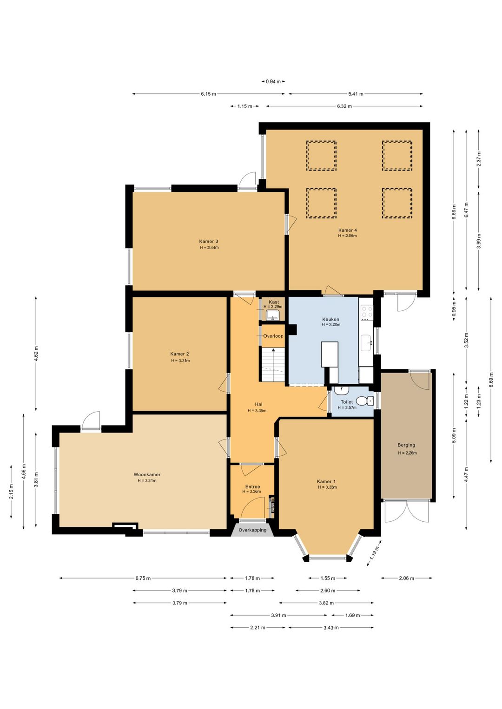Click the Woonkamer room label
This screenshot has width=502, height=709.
point(147,474)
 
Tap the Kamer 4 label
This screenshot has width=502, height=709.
point(347,230)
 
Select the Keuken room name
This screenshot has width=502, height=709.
point(330,319)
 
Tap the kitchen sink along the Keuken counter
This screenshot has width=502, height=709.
point(367,343)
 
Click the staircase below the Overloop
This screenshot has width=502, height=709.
point(273,364)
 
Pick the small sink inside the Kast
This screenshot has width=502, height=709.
point(272,315)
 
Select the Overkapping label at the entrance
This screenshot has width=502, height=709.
point(252,530)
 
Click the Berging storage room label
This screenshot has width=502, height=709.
point(406,445)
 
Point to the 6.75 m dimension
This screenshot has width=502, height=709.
point(143,578)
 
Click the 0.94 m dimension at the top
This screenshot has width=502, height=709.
point(273,81)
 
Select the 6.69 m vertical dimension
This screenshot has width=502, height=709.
point(491,380)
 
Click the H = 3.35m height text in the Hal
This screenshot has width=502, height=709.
point(257,411)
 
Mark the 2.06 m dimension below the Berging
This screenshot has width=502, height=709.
point(406,578)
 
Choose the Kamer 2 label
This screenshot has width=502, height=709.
point(179,354)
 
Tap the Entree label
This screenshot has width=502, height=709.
point(252,487)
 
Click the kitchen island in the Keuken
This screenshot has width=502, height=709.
point(330,354)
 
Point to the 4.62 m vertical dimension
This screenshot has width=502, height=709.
point(36,354)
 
